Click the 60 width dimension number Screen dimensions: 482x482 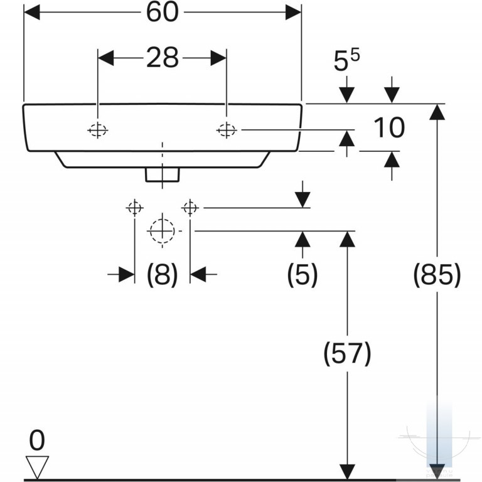click(x=163, y=12)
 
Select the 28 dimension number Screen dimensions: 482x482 click(x=163, y=58)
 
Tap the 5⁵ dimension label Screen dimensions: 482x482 click(x=346, y=60)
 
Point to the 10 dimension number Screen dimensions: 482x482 click(x=389, y=127)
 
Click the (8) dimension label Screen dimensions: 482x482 click(x=163, y=274)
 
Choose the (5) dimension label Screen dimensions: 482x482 click(x=302, y=274)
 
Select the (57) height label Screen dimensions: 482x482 click(x=347, y=353)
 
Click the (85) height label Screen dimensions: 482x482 click(x=437, y=274)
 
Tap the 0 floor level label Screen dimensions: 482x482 click(x=37, y=440)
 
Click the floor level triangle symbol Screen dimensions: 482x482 click(x=37, y=467)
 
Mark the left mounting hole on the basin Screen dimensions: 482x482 click(x=98, y=131)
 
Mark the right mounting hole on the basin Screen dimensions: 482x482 click(x=227, y=131)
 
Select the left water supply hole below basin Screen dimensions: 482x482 click(x=135, y=208)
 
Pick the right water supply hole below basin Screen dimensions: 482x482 click(x=190, y=208)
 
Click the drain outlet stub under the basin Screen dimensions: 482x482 click(x=163, y=175)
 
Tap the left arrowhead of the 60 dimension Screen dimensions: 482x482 click(x=32, y=13)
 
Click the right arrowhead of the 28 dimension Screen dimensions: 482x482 click(x=218, y=58)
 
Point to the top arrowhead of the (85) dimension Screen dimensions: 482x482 click(x=437, y=112)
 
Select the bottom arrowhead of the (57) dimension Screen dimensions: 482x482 click(x=347, y=472)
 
